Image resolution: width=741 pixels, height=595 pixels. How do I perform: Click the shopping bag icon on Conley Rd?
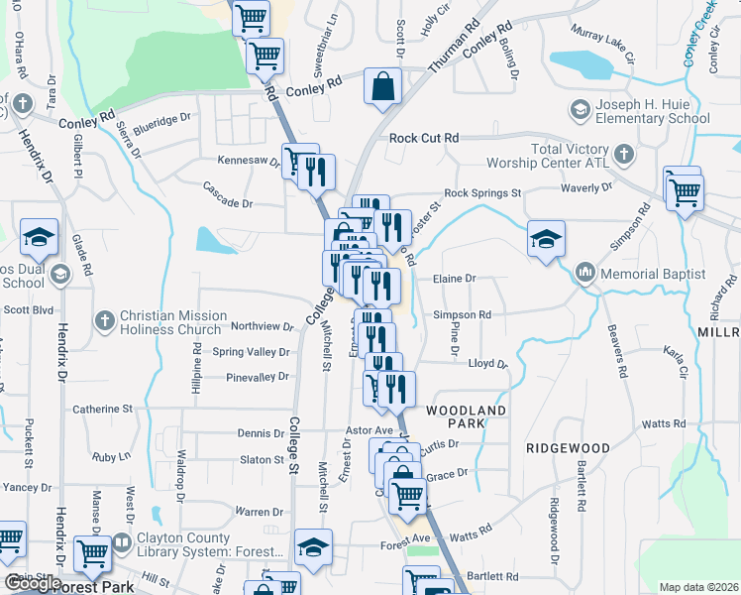382,86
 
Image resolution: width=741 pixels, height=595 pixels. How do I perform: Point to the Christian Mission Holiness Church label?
172,322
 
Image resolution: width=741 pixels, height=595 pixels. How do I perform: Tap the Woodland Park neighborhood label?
467,416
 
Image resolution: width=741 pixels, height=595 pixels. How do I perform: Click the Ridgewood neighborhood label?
568,448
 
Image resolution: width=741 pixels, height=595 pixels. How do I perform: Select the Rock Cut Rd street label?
424,138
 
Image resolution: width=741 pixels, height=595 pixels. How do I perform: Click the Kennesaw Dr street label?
249,160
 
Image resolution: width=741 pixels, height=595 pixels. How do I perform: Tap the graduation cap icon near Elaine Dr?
545,239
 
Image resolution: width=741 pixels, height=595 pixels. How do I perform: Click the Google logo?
32,583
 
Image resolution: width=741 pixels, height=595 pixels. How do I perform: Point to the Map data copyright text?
697,587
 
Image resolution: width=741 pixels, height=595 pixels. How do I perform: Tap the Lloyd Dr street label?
487,364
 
